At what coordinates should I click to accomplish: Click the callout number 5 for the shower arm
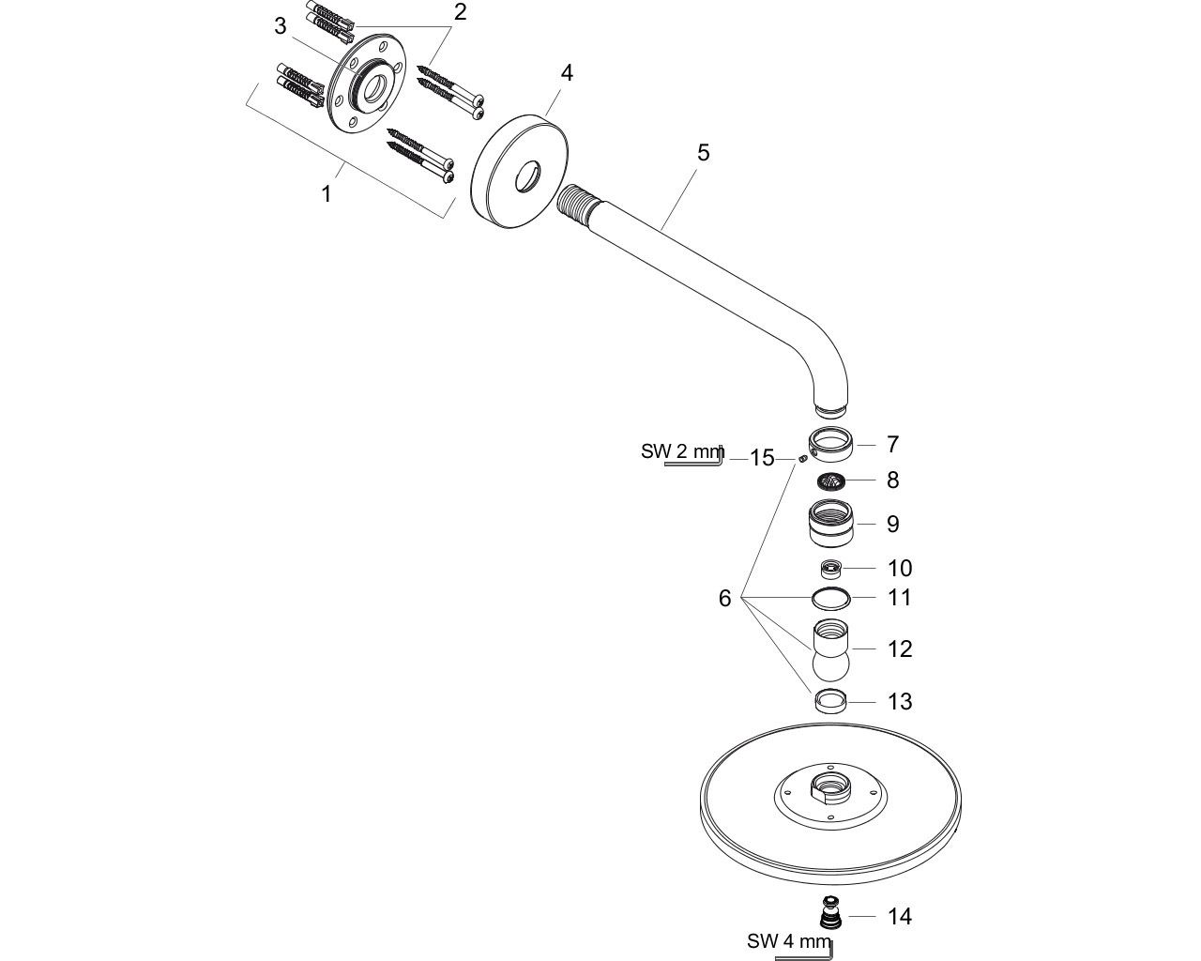coord(703,152)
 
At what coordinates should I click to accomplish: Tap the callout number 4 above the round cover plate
coord(567,72)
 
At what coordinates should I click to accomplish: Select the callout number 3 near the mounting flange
coord(281,26)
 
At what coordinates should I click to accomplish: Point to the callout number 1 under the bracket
coord(327,194)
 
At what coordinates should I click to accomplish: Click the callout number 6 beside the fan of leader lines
coord(724,599)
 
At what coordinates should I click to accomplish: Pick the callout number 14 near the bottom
coord(900,916)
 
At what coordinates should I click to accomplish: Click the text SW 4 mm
coord(789,941)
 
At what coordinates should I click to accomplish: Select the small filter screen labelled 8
coord(830,480)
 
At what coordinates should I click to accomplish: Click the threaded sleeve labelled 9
coord(831,524)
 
